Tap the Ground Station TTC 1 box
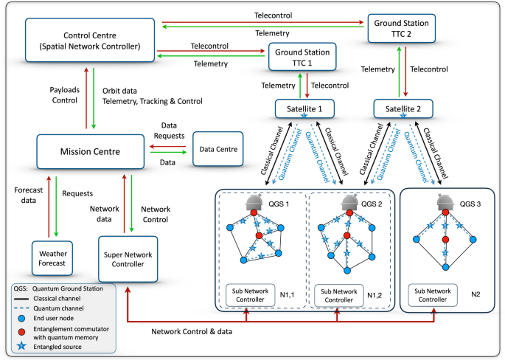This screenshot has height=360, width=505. click(302, 57)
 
